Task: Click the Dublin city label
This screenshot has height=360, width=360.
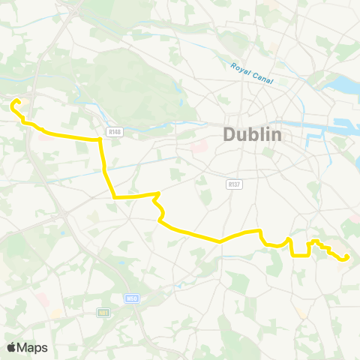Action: (252, 136)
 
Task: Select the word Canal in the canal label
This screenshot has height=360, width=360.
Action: (262, 77)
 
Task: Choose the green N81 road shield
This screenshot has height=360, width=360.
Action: (103, 312)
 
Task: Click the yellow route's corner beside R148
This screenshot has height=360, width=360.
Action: (100, 139)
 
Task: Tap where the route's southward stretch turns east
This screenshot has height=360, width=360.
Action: (114, 197)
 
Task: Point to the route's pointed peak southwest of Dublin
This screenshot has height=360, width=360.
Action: (157, 194)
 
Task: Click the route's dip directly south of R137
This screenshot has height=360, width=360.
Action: (220, 241)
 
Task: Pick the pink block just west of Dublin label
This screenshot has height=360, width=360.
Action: (199, 145)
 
